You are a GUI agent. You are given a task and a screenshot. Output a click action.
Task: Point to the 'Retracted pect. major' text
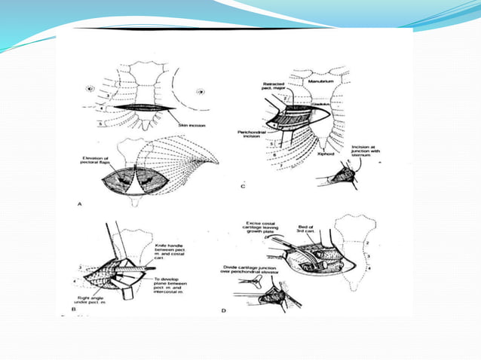pyautogui.click(x=274, y=87)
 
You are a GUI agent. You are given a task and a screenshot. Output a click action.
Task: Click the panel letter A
pyautogui.click(x=80, y=203)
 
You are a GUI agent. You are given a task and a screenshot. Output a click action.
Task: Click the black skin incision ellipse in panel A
pyautogui.click(x=143, y=109)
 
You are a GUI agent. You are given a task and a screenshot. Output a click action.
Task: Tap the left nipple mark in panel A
pyautogui.click(x=91, y=88)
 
